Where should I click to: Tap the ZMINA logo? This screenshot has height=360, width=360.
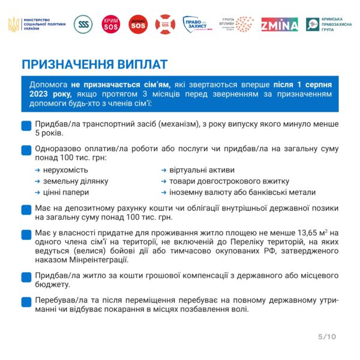pyautogui.click(x=280, y=25)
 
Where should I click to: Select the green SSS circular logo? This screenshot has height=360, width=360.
pyautogui.click(x=83, y=25)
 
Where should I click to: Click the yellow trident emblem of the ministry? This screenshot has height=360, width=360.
pyautogui.click(x=13, y=25)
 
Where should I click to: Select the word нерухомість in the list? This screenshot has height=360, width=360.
pyautogui.click(x=65, y=170)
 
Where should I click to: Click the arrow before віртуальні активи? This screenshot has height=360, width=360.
pyautogui.click(x=164, y=170)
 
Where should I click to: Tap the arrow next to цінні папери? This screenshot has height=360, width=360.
pyautogui.click(x=38, y=193)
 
